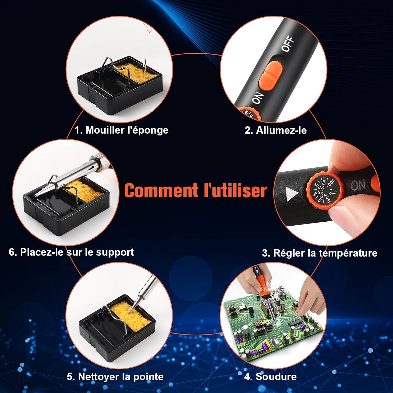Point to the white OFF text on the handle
288,44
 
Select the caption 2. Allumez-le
276,130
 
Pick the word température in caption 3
348,253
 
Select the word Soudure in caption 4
276,376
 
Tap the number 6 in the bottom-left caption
12,252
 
